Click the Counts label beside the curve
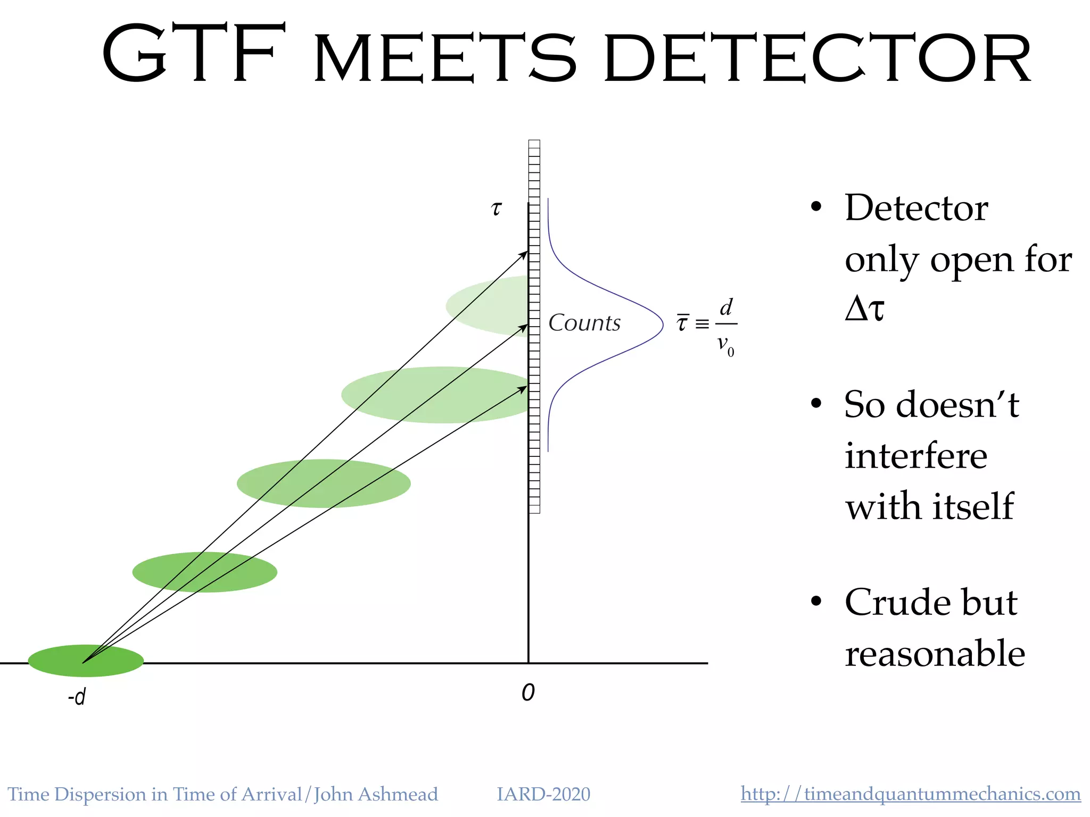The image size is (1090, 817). tap(584, 323)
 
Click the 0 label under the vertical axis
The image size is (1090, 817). tap(528, 693)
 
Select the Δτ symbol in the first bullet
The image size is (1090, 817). tap(864, 309)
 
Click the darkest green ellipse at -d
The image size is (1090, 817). tap(86, 661)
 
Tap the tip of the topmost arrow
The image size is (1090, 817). tap(526, 252)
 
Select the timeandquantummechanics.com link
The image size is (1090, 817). tap(910, 794)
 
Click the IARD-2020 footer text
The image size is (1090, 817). tap(543, 794)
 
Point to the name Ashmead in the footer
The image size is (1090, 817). tap(398, 794)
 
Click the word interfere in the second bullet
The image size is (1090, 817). tap(916, 456)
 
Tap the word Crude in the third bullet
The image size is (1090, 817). tap(890, 603)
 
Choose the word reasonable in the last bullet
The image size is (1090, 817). tap(935, 654)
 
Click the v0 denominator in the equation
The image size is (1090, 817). tap(725, 345)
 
